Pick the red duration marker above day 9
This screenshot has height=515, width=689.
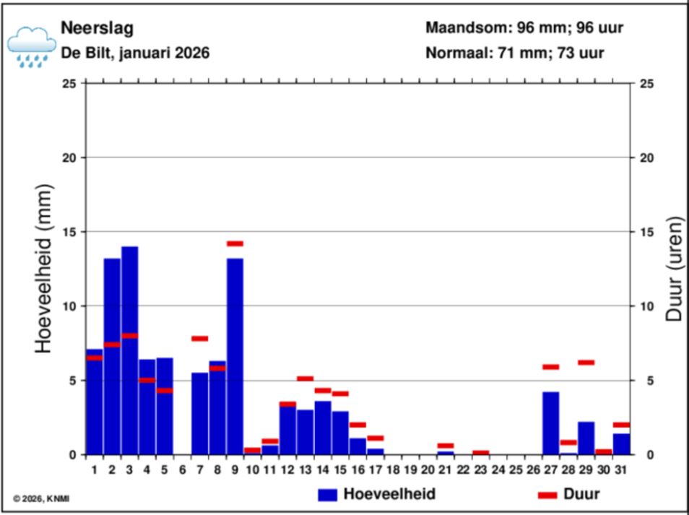(235, 243)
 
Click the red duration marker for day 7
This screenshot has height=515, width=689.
(200, 338)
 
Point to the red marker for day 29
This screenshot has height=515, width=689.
(586, 363)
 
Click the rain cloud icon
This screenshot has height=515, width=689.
(31, 46)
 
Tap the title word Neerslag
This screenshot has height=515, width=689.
(87, 28)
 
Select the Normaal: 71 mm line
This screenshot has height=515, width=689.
(515, 53)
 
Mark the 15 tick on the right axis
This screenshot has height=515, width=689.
(648, 232)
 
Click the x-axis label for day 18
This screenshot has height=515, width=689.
(393, 470)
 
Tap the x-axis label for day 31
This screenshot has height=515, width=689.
(621, 470)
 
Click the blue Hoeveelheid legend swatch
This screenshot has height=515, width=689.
(328, 495)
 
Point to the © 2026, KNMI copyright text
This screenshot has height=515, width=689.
(42, 498)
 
